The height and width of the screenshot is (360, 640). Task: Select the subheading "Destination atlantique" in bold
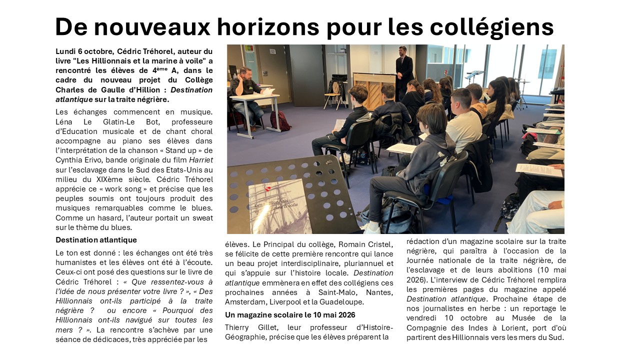pos(96,240)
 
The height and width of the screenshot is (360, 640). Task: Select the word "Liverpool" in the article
pos(287,302)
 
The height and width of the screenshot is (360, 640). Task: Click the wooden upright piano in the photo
pos(374,87)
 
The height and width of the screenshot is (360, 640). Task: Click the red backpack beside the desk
pos(280,120)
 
